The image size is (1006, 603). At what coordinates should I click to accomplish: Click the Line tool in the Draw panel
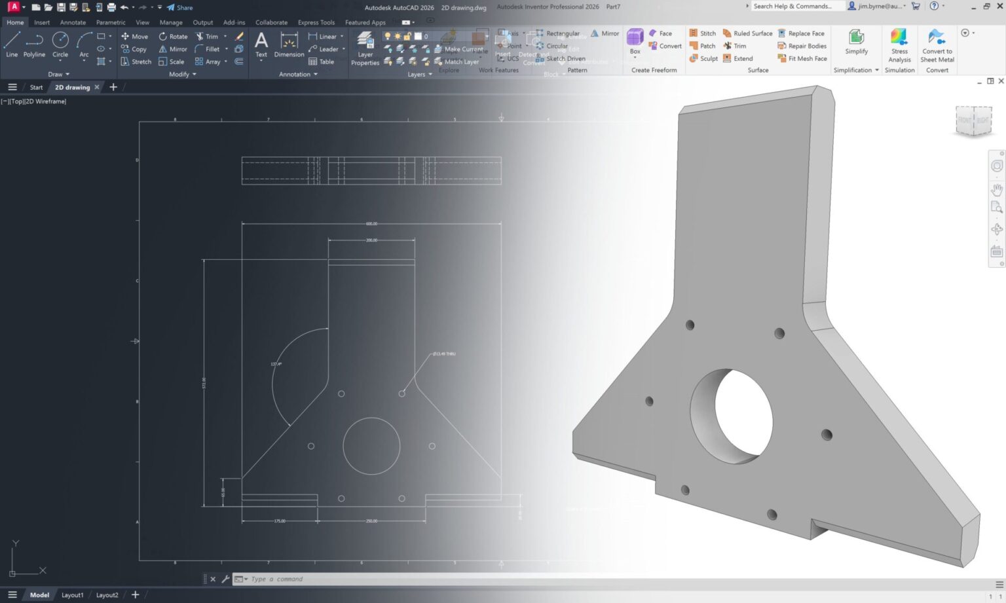pyautogui.click(x=12, y=44)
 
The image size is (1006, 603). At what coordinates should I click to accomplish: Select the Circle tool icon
pyautogui.click(x=60, y=43)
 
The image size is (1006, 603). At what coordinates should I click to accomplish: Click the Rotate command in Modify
pyautogui.click(x=173, y=37)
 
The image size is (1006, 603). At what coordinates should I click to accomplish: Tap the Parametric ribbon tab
pyautogui.click(x=111, y=22)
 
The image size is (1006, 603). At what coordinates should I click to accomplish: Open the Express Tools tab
pyautogui.click(x=316, y=22)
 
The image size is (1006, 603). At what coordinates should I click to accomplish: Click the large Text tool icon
pyautogui.click(x=261, y=43)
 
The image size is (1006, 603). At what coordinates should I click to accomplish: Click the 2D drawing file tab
pyautogui.click(x=72, y=87)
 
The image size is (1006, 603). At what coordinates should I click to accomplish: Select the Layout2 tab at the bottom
pyautogui.click(x=107, y=595)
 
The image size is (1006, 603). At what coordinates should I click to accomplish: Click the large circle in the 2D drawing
pyautogui.click(x=371, y=446)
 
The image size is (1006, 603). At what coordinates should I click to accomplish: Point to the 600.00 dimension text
pyautogui.click(x=371, y=224)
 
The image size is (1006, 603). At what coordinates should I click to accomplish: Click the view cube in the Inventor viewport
pyautogui.click(x=973, y=120)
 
